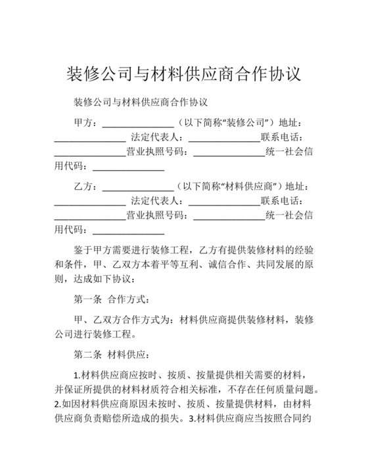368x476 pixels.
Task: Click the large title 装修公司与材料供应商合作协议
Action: point(184,73)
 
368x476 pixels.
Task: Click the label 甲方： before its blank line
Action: point(85,123)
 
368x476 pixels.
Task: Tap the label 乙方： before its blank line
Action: point(85,186)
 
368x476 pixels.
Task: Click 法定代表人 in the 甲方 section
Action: point(158,138)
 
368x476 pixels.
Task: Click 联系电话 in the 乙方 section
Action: point(281,201)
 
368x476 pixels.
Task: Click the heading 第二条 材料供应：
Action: point(111,355)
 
